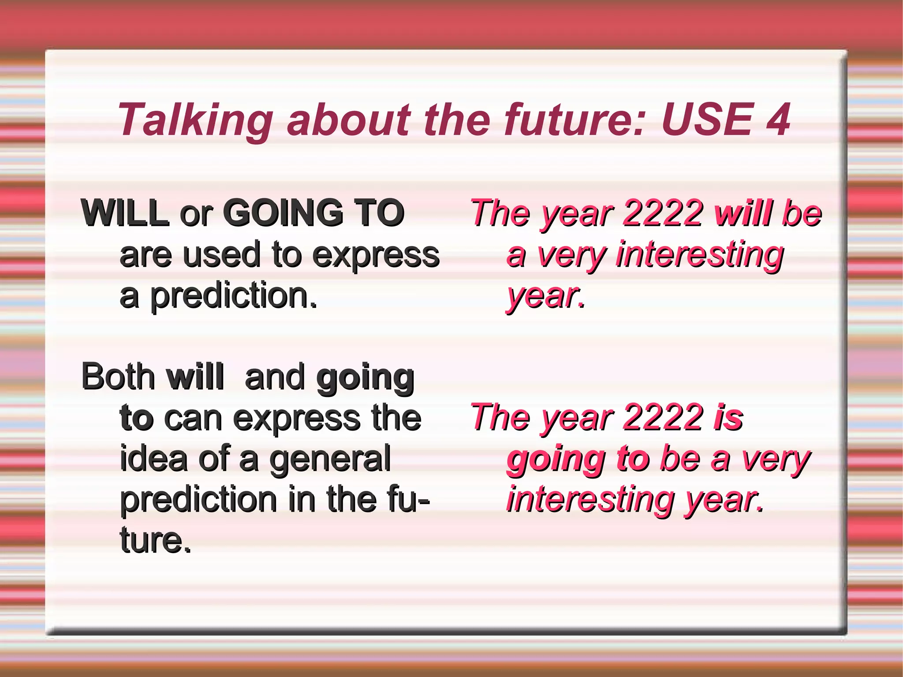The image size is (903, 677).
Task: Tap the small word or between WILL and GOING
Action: click(196, 214)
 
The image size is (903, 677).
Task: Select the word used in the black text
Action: click(222, 254)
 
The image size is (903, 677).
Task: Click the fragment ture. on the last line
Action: click(155, 540)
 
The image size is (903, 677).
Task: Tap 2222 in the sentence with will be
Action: click(664, 213)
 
